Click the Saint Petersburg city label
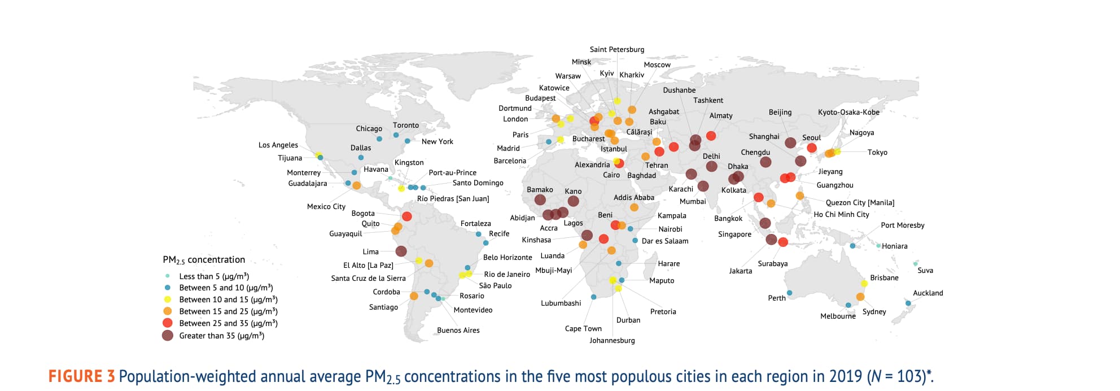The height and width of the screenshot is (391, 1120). click(x=616, y=50)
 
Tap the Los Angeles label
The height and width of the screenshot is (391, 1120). click(x=278, y=145)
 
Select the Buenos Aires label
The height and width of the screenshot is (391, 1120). click(x=458, y=331)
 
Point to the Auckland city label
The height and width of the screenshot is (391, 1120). click(x=928, y=293)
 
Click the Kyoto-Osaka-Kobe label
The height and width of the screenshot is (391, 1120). click(x=848, y=112)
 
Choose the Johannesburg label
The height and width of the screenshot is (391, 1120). click(x=612, y=341)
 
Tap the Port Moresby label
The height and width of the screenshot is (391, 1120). click(x=902, y=225)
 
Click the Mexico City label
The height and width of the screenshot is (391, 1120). click(x=326, y=207)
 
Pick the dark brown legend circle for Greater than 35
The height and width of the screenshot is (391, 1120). click(x=168, y=336)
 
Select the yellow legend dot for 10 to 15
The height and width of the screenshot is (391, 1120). click(x=167, y=299)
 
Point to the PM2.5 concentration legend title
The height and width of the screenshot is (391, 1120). click(x=204, y=260)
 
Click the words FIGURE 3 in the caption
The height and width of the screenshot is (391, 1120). click(x=81, y=376)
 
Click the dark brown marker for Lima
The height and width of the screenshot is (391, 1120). click(x=401, y=251)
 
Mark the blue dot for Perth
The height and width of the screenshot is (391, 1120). click(x=789, y=293)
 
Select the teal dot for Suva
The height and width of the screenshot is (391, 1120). click(x=915, y=264)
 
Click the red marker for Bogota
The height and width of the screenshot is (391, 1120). click(x=406, y=216)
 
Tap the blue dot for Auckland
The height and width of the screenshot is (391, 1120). click(x=908, y=303)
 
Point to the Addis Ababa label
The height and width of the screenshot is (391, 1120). click(x=634, y=198)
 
